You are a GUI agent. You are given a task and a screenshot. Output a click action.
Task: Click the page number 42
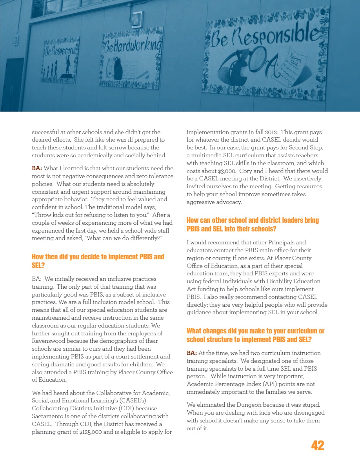tap(318, 446)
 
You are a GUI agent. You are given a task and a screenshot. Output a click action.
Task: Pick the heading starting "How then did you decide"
tap(98, 261)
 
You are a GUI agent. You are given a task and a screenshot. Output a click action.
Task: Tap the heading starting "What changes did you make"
tap(255, 335)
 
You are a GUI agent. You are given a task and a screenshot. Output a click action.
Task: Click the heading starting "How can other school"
tap(253, 224)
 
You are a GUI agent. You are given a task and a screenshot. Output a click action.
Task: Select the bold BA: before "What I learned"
tap(37, 168)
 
